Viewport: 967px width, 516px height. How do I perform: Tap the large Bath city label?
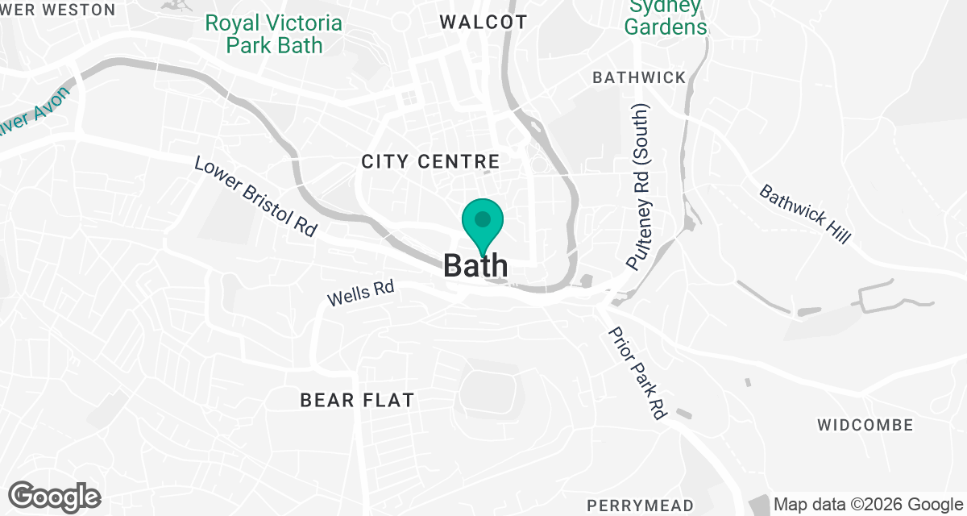pyautogui.click(x=476, y=265)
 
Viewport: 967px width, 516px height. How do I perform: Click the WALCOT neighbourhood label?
pyautogui.click(x=483, y=23)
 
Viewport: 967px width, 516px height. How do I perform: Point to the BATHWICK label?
pyautogui.click(x=639, y=77)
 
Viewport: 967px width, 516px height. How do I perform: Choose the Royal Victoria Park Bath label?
pyautogui.click(x=273, y=34)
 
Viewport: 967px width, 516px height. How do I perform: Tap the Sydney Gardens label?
pyautogui.click(x=666, y=18)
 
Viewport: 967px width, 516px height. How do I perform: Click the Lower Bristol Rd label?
pyautogui.click(x=255, y=196)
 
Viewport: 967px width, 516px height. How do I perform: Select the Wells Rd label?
pyautogui.click(x=360, y=293)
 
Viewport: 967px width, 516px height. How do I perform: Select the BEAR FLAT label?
pyautogui.click(x=357, y=400)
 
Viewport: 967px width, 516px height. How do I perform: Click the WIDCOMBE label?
pyautogui.click(x=865, y=425)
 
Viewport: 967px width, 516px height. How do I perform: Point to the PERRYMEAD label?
pyautogui.click(x=640, y=506)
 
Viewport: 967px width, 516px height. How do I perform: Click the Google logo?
pyautogui.click(x=55, y=496)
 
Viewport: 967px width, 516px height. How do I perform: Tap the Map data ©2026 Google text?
pyautogui.click(x=869, y=505)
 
